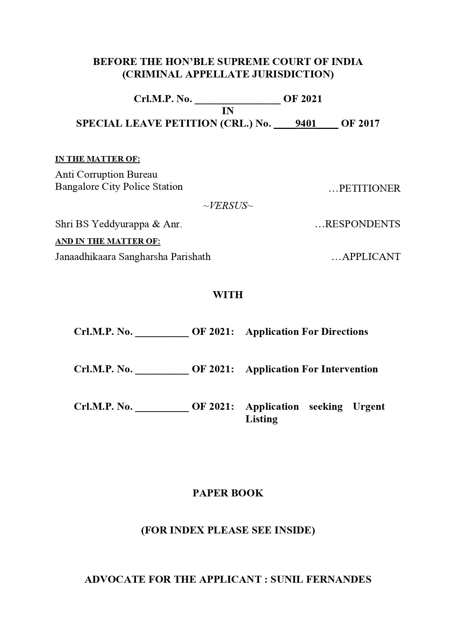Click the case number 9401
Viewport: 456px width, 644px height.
pyautogui.click(x=305, y=123)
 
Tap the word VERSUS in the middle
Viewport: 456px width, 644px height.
pyautogui.click(x=228, y=206)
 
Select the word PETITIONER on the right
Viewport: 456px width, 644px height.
pyautogui.click(x=369, y=188)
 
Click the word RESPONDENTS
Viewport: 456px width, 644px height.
pyautogui.click(x=362, y=224)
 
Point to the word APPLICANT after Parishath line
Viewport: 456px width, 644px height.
pyautogui.click(x=371, y=257)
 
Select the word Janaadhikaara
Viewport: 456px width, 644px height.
pyautogui.click(x=85, y=257)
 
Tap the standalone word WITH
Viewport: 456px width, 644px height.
pyautogui.click(x=228, y=295)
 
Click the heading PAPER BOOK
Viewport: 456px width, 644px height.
pyautogui.click(x=228, y=493)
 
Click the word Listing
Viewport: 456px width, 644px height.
pyautogui.click(x=261, y=419)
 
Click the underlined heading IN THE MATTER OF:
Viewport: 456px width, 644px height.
pyautogui.click(x=97, y=159)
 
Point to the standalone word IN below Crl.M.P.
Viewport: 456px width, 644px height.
pyautogui.click(x=228, y=111)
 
